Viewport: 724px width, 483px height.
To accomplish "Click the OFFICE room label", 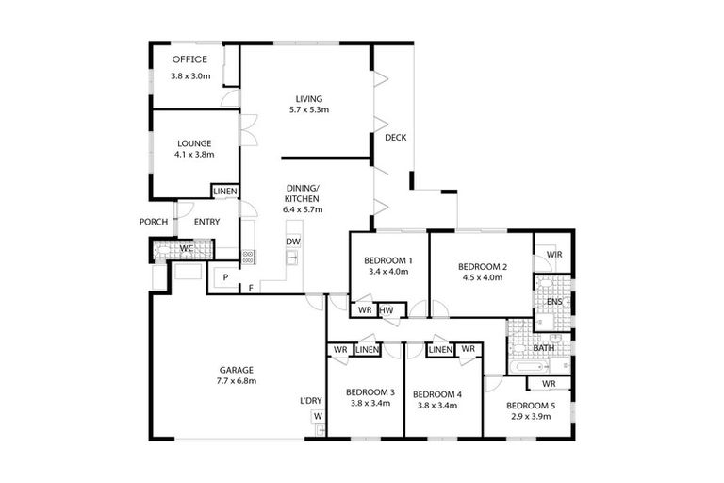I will pos(189,59).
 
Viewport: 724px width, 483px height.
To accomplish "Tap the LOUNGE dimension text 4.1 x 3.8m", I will pos(194,155).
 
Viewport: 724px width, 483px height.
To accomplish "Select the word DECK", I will pos(395,138).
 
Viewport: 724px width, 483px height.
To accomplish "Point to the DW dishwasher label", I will pos(293,241).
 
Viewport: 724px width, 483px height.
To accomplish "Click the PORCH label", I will pos(153,222).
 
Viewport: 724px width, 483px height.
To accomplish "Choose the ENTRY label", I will pos(206,222).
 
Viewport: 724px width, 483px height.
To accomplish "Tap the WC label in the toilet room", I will pos(187,250).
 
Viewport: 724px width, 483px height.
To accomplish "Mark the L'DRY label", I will pos(311,401).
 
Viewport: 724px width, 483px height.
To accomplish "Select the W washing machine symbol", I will pos(318,416).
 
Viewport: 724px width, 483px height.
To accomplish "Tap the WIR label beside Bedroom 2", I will pos(553,255).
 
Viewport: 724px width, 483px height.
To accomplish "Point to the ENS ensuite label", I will pos(554,302).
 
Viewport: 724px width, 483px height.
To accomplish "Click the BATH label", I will pos(545,348).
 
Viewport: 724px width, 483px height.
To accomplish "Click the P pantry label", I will pos(226,275).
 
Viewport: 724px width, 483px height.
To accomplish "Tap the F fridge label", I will pos(251,287).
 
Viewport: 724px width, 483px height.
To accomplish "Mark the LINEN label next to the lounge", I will pos(225,192).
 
